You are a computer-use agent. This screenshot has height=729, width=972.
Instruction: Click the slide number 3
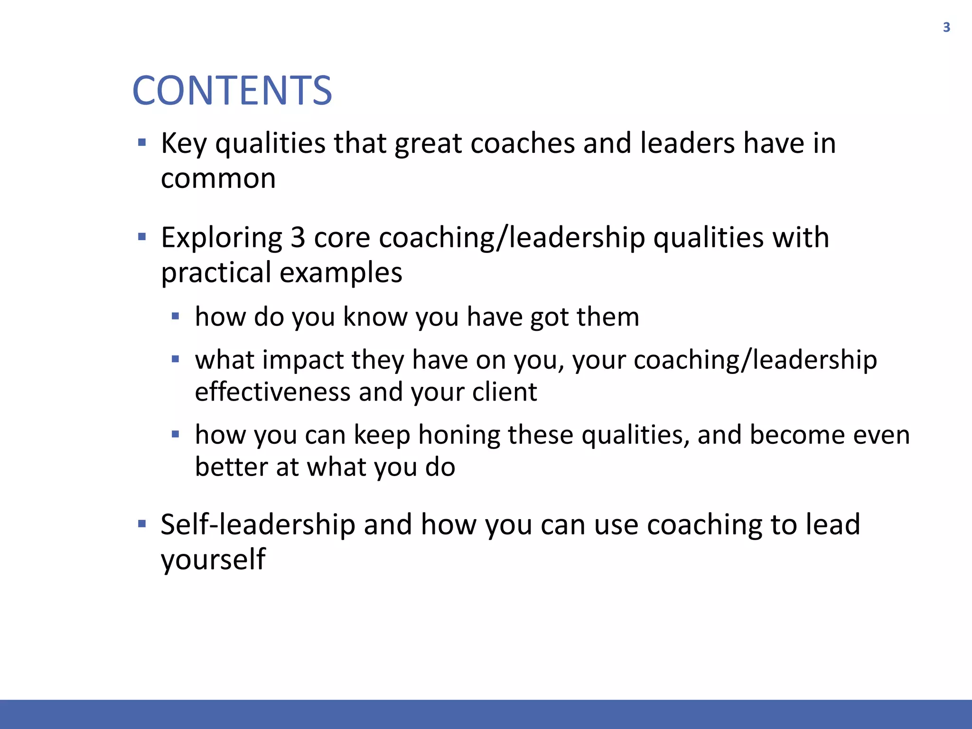point(946,28)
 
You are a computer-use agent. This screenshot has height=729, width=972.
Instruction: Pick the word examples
point(341,273)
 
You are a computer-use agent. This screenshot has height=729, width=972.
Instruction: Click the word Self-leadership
point(258,525)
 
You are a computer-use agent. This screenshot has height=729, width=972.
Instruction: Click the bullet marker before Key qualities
point(141,142)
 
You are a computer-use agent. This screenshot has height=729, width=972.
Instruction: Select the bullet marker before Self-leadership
point(141,524)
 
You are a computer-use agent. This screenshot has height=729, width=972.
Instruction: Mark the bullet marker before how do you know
point(176,316)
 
